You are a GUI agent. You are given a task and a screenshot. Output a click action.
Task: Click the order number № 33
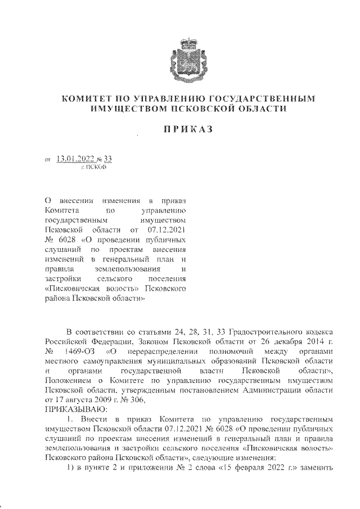[x=105, y=160]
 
